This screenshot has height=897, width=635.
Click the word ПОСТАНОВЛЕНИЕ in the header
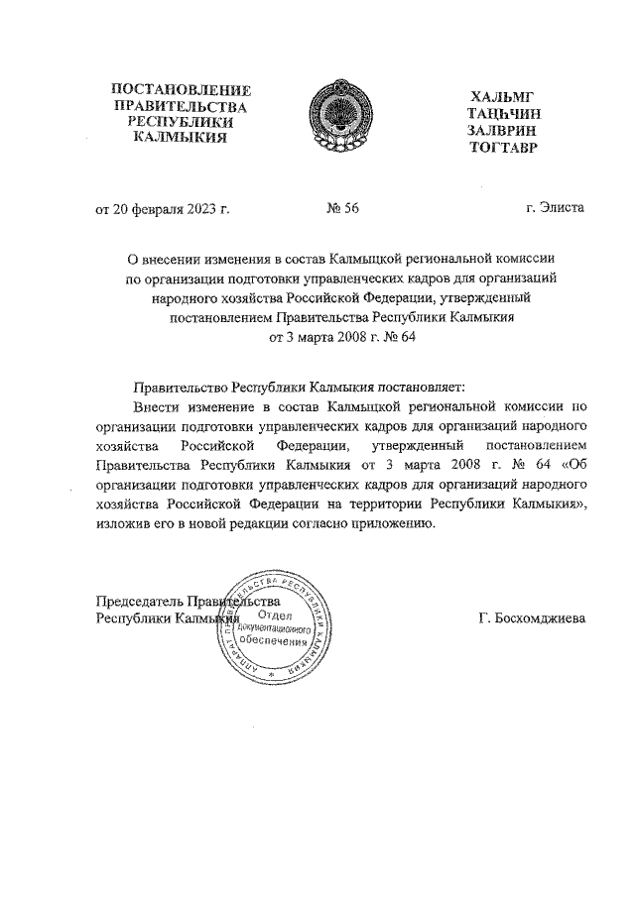coord(180,90)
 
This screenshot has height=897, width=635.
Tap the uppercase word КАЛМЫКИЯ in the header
coord(180,137)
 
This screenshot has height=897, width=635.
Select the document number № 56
coord(341,208)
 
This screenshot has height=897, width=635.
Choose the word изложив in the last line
coord(122,524)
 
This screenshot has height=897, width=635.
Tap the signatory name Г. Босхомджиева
coord(532,617)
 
